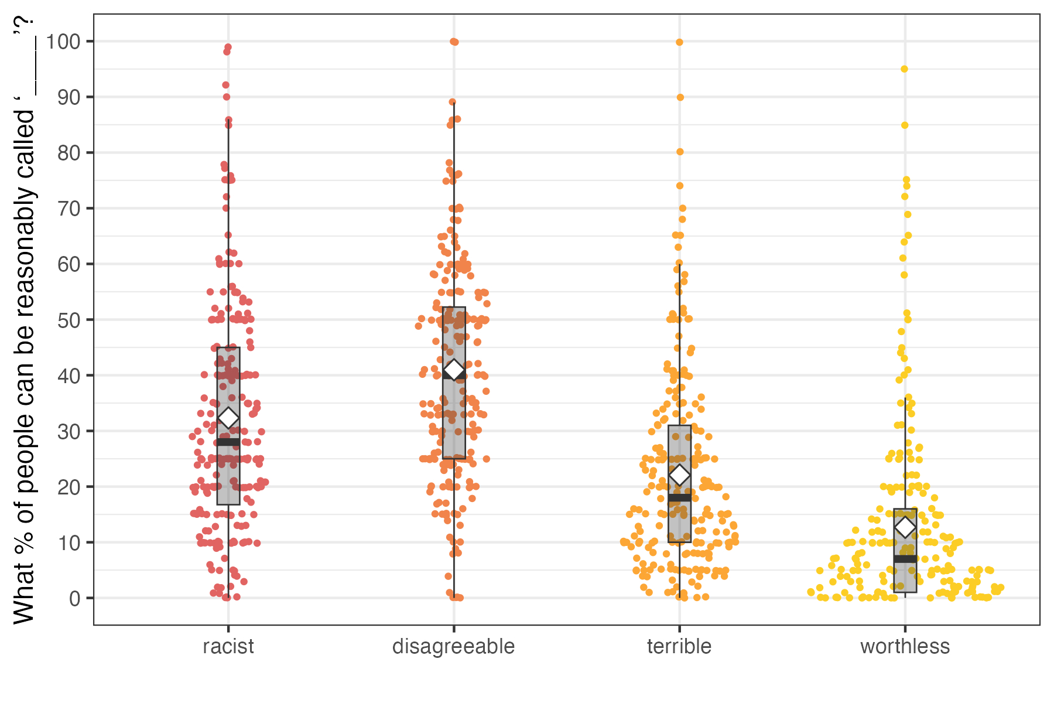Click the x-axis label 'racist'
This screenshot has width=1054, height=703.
click(228, 647)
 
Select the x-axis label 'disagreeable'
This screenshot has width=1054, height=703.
click(453, 647)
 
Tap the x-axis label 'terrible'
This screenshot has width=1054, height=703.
click(679, 647)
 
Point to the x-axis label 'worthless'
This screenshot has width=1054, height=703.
click(905, 647)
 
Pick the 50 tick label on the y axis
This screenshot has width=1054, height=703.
click(69, 320)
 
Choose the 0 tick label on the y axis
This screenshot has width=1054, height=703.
click(74, 599)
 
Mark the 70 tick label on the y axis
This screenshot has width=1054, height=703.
click(69, 209)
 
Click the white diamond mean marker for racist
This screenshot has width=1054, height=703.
click(228, 418)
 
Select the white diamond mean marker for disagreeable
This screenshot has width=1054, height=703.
click(454, 370)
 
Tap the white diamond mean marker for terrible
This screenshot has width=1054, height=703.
click(679, 475)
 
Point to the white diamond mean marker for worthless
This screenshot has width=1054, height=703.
click(905, 527)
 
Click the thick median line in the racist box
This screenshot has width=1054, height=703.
click(228, 442)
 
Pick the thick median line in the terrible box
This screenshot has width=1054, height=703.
click(679, 498)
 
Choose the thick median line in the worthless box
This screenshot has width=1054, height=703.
click(905, 559)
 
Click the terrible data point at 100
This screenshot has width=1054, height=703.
click(679, 42)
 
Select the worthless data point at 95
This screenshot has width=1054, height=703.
click(904, 69)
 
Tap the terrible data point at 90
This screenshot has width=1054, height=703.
click(680, 97)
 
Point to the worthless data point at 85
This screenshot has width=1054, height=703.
click(905, 125)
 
